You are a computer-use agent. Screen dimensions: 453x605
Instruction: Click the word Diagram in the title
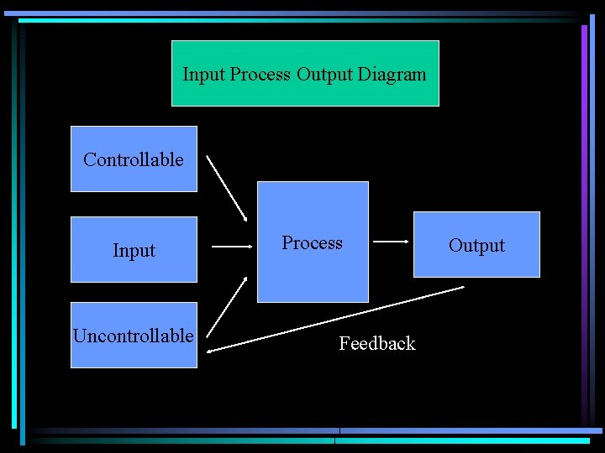coord(392,75)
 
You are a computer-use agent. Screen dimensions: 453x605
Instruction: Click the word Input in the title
coord(204,75)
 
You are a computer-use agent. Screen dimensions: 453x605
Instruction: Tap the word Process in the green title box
coord(260,75)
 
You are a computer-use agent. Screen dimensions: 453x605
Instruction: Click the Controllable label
coord(134,159)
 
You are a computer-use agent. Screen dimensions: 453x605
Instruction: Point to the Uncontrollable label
coord(134,336)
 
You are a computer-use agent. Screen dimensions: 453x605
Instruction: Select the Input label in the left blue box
coord(134,251)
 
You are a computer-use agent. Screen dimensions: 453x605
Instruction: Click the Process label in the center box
coord(312,243)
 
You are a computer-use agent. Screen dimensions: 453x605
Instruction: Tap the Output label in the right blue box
coord(476,246)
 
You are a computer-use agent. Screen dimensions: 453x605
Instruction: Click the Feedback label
coord(377,343)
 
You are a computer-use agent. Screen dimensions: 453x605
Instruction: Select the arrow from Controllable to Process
coord(227,188)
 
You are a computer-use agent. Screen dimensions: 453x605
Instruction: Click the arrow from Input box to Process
coord(232,247)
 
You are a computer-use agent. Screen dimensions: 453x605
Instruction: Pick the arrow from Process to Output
coord(390,242)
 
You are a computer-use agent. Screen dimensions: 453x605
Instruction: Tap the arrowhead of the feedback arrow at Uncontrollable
coord(210,350)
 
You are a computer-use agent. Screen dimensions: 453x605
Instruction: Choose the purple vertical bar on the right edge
coord(584,218)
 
